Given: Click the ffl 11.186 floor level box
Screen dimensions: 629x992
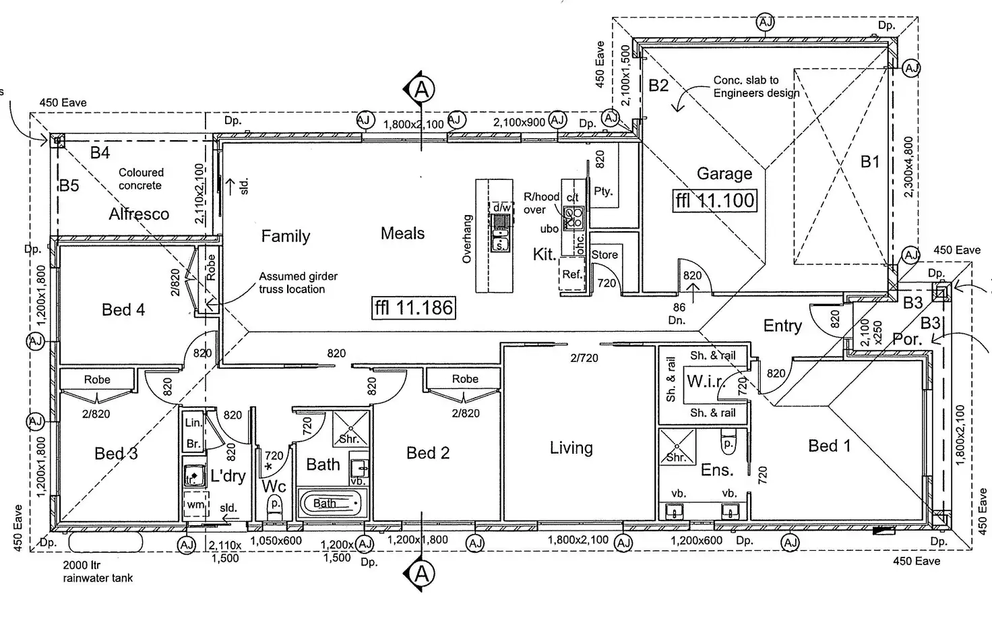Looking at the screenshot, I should tap(414, 308).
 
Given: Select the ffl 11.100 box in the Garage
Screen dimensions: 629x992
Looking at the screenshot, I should tap(716, 200).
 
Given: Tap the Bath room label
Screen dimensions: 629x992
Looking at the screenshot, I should tap(323, 465).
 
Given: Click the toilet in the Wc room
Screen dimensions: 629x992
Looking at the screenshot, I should tap(275, 506).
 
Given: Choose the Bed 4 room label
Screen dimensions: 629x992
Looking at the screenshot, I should tap(123, 309).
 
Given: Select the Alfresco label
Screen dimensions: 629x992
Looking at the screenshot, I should tap(139, 214).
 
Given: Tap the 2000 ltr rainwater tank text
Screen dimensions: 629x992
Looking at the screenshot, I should tap(98, 572).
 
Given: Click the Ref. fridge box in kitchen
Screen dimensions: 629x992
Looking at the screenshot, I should tap(572, 275).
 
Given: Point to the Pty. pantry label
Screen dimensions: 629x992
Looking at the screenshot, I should tap(603, 191).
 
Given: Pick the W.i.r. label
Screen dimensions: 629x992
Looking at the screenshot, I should tap(705, 382).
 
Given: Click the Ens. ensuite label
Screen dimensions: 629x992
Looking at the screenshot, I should tap(716, 470).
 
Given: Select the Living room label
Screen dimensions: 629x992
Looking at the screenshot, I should tap(571, 448).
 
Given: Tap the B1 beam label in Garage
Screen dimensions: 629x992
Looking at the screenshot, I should tap(870, 162).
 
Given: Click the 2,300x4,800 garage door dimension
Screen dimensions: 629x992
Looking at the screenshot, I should tap(908, 167).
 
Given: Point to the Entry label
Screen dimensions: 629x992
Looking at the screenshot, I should tap(782, 326).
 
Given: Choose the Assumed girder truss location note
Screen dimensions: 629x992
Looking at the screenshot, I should tap(298, 282).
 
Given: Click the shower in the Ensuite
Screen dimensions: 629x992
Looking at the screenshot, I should tap(677, 447).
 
